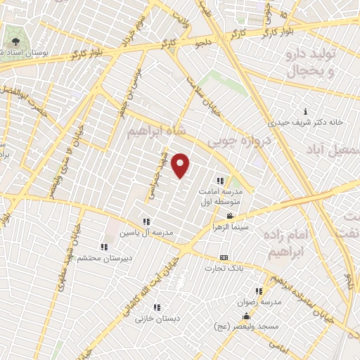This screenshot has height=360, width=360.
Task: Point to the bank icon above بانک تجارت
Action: tap(224, 257)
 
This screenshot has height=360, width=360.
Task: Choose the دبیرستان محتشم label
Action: tap(103, 258)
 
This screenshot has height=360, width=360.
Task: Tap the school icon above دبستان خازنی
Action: tap(157, 307)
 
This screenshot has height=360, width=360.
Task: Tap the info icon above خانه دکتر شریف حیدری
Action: tap(305, 111)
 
